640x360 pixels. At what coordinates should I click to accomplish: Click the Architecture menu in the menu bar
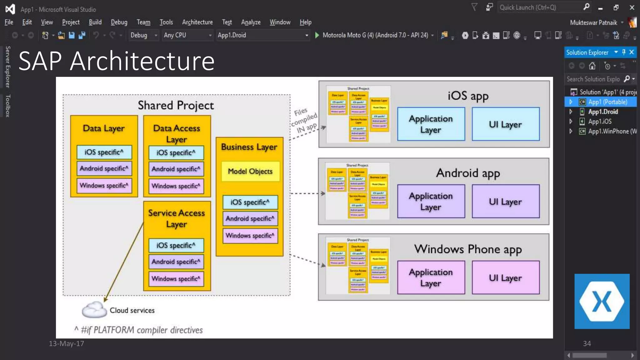tap(197, 22)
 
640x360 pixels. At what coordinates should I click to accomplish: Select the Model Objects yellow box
tap(250, 171)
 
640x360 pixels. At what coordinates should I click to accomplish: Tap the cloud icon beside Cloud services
tap(94, 310)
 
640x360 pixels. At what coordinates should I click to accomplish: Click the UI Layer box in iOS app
tap(505, 124)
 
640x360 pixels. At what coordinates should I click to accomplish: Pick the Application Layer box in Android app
tap(431, 201)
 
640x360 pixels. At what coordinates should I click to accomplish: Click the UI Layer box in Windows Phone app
tap(505, 277)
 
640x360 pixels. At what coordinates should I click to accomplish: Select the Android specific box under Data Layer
tap(104, 168)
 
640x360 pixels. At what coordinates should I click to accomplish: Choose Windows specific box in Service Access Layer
tap(176, 278)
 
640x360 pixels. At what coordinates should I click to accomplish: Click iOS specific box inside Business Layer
tap(250, 202)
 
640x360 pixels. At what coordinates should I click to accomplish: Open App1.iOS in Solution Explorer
tap(600, 121)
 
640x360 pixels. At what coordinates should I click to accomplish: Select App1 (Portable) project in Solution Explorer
tap(607, 102)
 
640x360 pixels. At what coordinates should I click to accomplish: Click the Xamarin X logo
tap(602, 301)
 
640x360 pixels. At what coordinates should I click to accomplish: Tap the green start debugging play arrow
tap(317, 35)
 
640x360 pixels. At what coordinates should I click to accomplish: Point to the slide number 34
tap(587, 343)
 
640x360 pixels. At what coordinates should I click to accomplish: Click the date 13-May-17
tap(66, 343)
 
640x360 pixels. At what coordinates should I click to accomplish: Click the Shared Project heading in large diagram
tap(176, 105)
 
